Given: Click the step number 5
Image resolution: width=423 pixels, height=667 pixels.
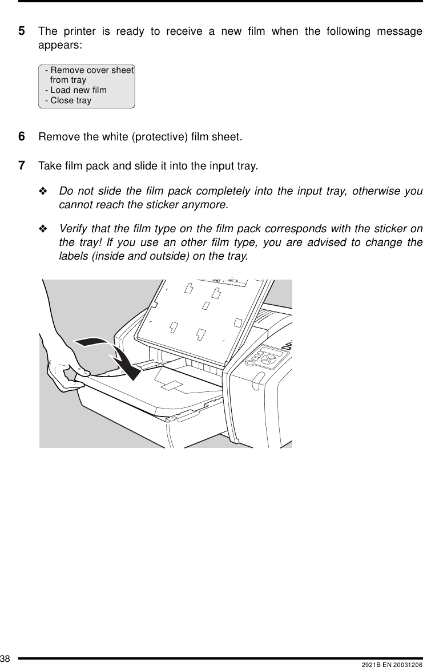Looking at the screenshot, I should [22, 31].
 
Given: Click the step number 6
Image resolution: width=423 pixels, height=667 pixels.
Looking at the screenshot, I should [22, 137].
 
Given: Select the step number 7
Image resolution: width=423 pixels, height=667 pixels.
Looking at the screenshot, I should [22, 166].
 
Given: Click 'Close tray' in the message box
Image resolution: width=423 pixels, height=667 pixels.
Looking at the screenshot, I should [70, 100].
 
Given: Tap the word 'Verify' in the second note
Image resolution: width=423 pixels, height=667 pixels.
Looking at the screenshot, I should [72, 229].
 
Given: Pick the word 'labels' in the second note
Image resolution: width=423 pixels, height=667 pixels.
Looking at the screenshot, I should [73, 256].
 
